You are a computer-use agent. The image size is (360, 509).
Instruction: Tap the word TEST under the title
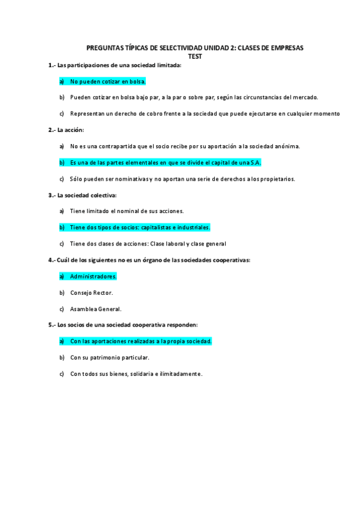coord(196,56)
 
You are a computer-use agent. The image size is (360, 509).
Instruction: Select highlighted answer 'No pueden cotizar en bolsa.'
coord(108,81)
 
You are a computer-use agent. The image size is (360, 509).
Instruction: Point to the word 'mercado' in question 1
coord(304,97)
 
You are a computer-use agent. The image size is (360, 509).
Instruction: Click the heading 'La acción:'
coord(71,130)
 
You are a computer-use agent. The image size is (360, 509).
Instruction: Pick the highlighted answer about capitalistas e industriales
coord(140,227)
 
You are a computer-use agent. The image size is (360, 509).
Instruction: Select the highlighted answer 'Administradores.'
coord(93,276)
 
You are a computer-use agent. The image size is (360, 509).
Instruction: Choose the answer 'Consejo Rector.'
coord(91,292)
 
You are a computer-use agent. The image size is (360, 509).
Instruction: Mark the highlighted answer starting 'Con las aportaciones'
coord(140,341)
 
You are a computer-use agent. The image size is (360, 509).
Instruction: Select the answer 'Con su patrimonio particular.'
coord(109,357)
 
